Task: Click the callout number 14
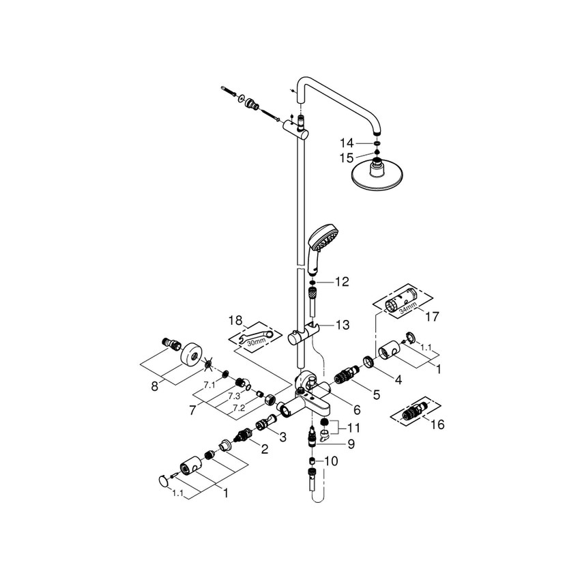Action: [347, 144]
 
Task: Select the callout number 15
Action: [347, 158]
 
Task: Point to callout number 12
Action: [340, 281]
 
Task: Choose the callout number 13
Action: [340, 325]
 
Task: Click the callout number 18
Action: [235, 319]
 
